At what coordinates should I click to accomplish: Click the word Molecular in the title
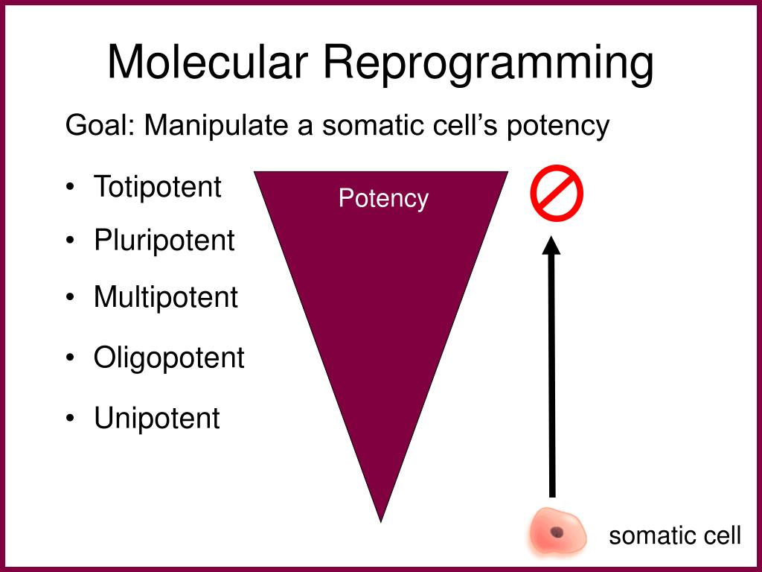[x=208, y=63]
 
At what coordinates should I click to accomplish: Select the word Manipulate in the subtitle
[x=217, y=126]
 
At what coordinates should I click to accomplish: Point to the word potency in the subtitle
[x=558, y=127]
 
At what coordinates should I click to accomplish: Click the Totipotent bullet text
[x=157, y=186]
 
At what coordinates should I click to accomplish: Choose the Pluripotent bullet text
[x=164, y=241]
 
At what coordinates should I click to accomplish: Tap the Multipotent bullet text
[x=165, y=297]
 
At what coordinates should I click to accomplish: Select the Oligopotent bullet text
[x=169, y=358]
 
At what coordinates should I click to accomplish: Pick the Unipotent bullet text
[x=156, y=418]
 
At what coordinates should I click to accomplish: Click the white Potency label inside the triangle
[x=383, y=199]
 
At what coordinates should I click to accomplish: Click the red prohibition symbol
[x=556, y=192]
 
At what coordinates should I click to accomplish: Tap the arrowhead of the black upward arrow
[x=551, y=247]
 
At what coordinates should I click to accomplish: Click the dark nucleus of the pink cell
[x=556, y=532]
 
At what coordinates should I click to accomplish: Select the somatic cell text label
[x=674, y=536]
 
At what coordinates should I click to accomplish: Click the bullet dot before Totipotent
[x=69, y=188]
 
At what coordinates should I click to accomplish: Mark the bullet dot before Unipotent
[x=69, y=419]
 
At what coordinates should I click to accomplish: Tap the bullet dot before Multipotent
[x=69, y=299]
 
